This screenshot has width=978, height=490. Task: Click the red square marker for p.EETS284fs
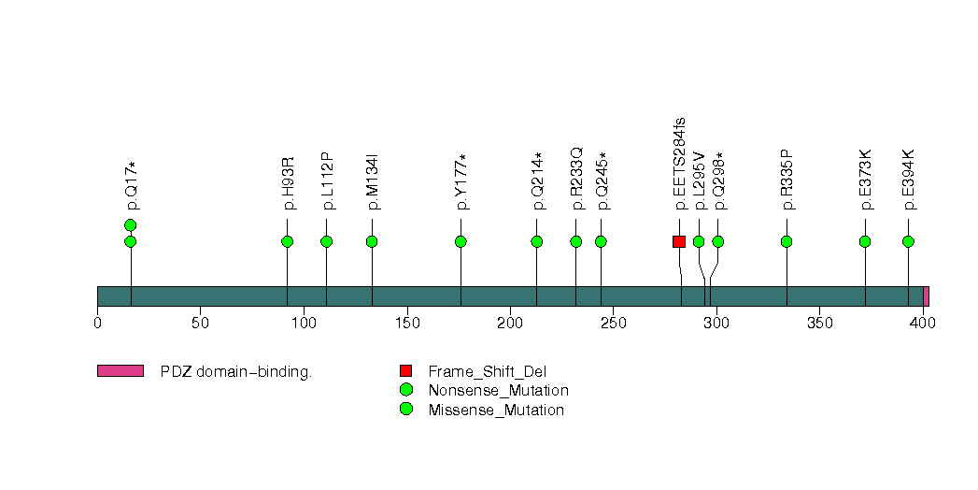click(x=679, y=241)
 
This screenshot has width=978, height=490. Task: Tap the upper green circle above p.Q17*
click(x=131, y=225)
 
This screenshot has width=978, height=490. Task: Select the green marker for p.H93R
click(x=287, y=241)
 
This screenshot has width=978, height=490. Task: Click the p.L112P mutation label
click(x=329, y=181)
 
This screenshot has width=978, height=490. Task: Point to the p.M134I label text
click(x=373, y=181)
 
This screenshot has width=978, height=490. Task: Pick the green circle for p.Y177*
click(x=461, y=241)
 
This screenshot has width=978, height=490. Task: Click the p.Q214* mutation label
click(x=538, y=181)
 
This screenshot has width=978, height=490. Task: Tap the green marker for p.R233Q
click(x=575, y=241)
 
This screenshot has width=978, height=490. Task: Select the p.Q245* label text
click(x=602, y=181)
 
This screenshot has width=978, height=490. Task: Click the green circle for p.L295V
click(x=699, y=241)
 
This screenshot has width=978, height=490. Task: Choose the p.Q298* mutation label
click(x=720, y=181)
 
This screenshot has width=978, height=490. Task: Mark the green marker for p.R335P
click(x=787, y=241)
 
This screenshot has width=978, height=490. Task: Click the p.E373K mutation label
click(x=866, y=180)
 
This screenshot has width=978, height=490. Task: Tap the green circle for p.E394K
click(x=908, y=241)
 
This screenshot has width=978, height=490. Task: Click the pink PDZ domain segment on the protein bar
click(x=927, y=296)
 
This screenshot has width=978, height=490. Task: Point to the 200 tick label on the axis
click(x=510, y=323)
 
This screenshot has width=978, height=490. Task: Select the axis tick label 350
click(x=819, y=323)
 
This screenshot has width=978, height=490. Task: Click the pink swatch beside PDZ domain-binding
click(x=120, y=371)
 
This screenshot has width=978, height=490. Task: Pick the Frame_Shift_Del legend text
click(x=487, y=372)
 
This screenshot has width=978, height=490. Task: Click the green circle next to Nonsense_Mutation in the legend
click(x=406, y=390)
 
